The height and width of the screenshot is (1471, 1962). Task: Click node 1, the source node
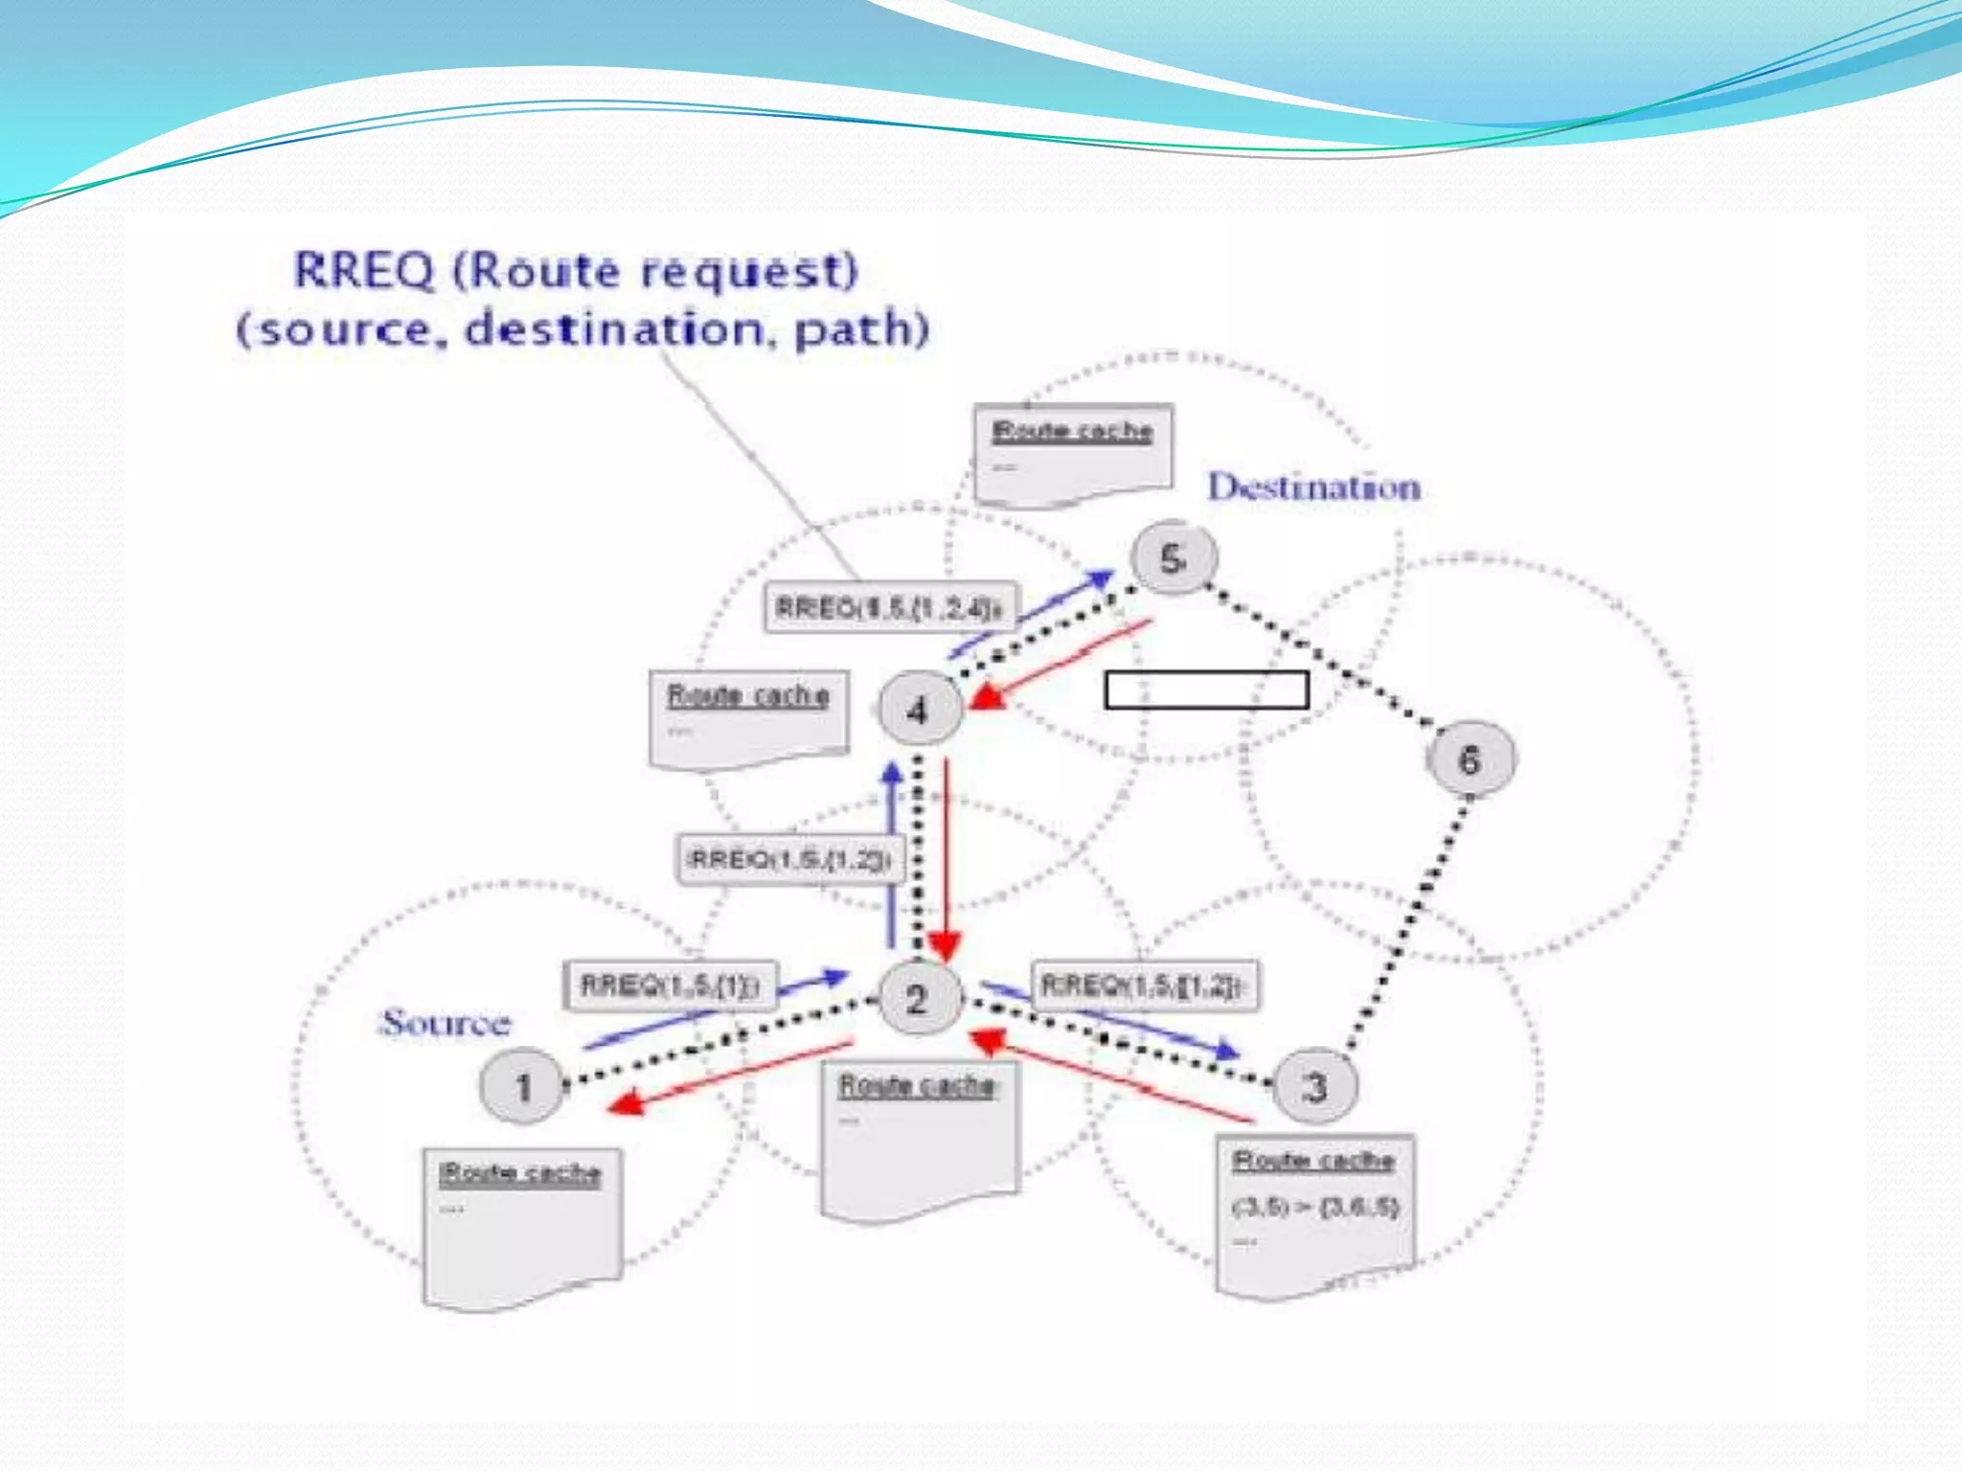522,1086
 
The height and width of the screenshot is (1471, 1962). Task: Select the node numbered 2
917,999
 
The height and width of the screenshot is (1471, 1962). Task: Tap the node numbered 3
1316,1086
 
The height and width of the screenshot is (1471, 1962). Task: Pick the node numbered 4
918,710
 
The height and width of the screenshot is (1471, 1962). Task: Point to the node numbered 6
1470,759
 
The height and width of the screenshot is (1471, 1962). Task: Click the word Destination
1313,487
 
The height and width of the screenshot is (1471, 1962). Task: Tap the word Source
445,1022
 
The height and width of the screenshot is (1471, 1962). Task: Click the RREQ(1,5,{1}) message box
671,985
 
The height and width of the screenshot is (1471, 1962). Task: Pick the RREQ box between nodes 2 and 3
1144,984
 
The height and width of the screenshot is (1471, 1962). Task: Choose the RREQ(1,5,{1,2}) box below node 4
789,859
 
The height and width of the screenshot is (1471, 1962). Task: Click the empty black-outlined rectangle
1206,690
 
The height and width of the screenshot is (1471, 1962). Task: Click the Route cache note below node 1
522,1226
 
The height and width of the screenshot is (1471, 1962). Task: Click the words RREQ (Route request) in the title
576,270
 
